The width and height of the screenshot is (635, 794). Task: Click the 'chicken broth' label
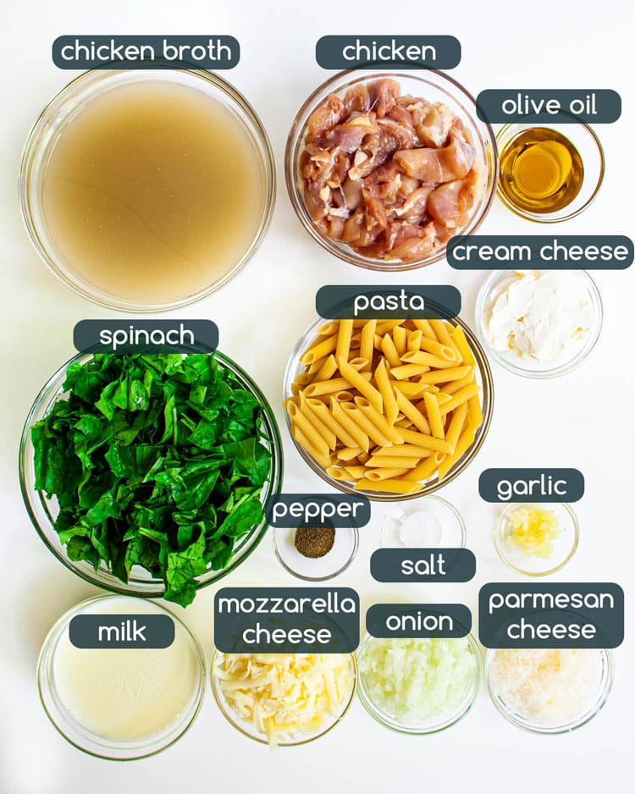click(146, 52)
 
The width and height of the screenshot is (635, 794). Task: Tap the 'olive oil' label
click(549, 106)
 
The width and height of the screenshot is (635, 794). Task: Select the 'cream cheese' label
click(539, 252)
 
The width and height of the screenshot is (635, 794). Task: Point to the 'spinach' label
click(146, 336)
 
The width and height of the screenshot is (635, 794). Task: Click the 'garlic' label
click(531, 486)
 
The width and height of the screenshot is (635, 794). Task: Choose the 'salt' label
click(422, 565)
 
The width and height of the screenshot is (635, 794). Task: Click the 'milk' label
click(122, 631)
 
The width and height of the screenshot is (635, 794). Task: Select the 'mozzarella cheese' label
click(286, 619)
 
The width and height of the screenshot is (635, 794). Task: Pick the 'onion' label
click(419, 621)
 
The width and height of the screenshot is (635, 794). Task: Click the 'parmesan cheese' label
click(551, 615)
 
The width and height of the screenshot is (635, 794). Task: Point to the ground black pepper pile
click(315, 542)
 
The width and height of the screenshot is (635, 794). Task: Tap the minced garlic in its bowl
click(534, 531)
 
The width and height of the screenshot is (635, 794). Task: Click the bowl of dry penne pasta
click(387, 406)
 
